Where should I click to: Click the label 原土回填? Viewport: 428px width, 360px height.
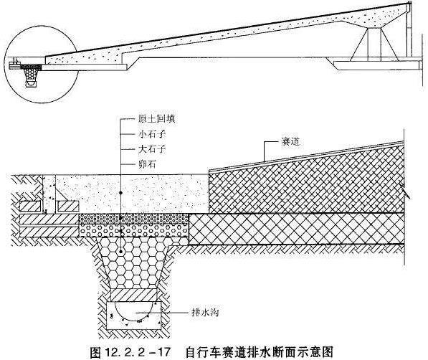[x=156, y=119]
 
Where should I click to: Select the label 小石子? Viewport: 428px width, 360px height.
[x=152, y=134]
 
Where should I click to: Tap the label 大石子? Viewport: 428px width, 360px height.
[x=152, y=149]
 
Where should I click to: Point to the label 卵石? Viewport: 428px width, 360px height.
[x=147, y=164]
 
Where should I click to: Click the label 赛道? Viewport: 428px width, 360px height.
[x=290, y=142]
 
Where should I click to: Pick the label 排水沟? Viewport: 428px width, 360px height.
[x=206, y=312]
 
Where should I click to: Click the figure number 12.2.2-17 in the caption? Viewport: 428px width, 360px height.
[x=138, y=352]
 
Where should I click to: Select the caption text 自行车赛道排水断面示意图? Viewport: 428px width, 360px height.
[x=259, y=352]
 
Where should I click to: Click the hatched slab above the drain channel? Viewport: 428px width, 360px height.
[x=133, y=295]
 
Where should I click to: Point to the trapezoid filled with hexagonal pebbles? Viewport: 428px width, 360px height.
[x=133, y=262]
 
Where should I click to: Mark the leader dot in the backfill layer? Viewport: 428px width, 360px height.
[x=120, y=193]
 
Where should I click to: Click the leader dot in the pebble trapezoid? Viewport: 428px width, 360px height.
[x=120, y=252]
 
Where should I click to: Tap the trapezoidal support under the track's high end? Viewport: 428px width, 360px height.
[x=374, y=44]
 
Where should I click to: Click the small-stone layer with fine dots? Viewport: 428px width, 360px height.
[x=134, y=219]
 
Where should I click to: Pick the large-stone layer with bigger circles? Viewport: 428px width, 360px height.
[x=134, y=231]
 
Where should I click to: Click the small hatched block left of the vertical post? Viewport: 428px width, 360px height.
[x=30, y=207]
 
